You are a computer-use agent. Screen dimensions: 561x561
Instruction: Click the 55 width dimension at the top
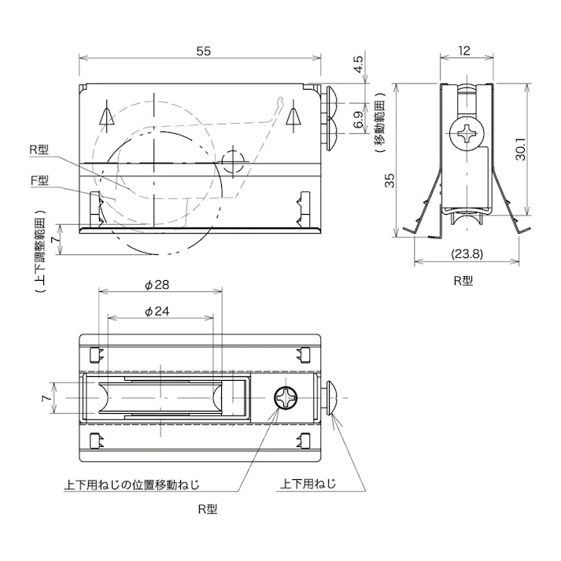[x=203, y=51]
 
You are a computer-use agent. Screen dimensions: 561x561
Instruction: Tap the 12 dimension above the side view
[x=463, y=51]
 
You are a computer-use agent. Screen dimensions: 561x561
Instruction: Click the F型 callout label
[x=39, y=180]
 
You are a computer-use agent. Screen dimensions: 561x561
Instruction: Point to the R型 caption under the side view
[x=463, y=279]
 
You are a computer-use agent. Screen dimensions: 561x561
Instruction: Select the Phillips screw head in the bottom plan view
[x=286, y=399]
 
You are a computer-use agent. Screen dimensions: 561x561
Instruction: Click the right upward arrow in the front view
[x=294, y=116]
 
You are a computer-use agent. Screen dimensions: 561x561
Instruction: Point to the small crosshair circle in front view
[x=233, y=162]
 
